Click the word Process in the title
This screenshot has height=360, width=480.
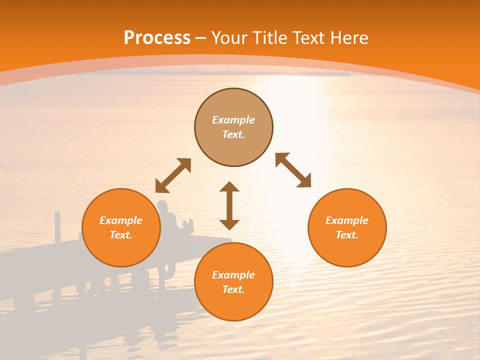157,38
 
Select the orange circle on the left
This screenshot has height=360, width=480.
121,250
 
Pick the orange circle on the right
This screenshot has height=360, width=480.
347,250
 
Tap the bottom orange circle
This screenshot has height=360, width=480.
233,305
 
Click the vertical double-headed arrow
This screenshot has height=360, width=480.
229,205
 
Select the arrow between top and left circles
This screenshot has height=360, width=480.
173,175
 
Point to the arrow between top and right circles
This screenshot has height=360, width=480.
293,170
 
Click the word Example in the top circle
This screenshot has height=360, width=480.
233,120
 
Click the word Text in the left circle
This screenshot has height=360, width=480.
121,235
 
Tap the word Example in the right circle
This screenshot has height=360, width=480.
347,220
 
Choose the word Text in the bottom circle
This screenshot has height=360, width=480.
233,289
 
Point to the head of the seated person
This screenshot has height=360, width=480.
162,205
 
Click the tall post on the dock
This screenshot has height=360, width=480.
58,227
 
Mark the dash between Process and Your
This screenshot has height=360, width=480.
201,38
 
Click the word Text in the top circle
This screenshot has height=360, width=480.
233,134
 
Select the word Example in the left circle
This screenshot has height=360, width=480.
121,220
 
